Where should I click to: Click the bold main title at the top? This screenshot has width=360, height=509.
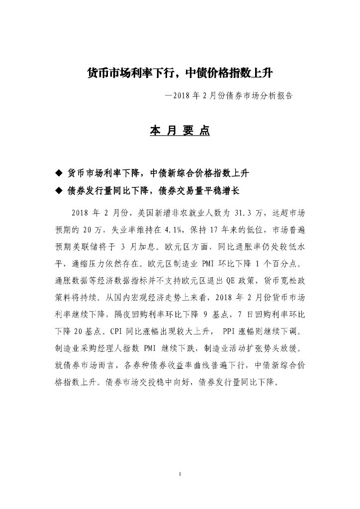(180, 73)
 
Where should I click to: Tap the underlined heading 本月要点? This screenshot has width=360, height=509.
(180, 131)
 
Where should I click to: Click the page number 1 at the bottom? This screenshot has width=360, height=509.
(180, 474)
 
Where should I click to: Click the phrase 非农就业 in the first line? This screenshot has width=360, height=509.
(186, 213)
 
